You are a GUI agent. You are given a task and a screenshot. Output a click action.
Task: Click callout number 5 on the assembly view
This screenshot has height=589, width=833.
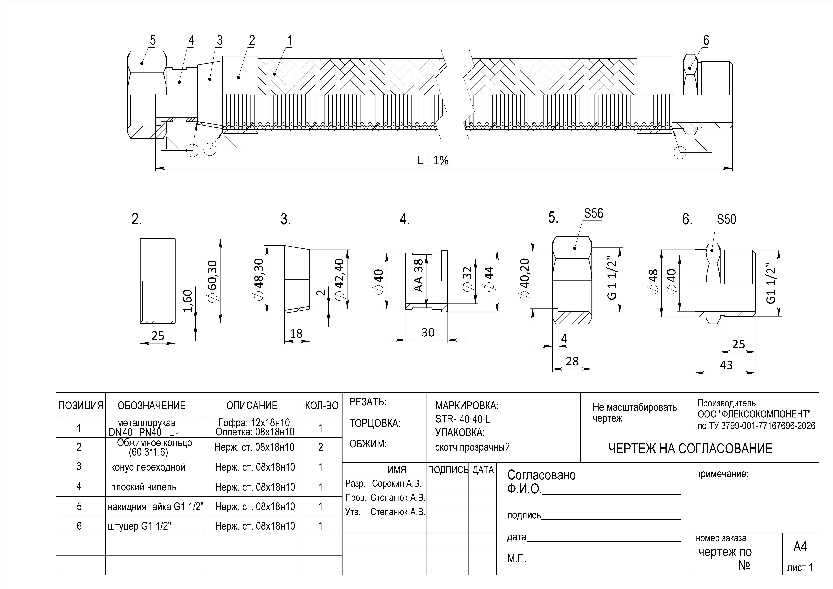pyautogui.click(x=153, y=40)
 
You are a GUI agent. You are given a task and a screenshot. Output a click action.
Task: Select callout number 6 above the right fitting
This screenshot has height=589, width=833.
pyautogui.click(x=706, y=40)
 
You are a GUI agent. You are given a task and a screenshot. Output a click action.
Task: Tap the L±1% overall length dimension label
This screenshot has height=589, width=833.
pyautogui.click(x=433, y=160)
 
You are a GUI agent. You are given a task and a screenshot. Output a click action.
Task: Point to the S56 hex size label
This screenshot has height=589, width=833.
pyautogui.click(x=594, y=213)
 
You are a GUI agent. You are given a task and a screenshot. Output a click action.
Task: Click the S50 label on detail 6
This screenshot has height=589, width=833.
pyautogui.click(x=726, y=220)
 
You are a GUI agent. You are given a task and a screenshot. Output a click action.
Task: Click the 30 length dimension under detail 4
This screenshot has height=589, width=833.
pyautogui.click(x=428, y=332)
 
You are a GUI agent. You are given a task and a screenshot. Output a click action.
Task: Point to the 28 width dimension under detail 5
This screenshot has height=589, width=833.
pyautogui.click(x=572, y=361)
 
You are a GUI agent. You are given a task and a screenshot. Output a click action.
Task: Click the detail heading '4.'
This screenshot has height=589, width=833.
pyautogui.click(x=405, y=220)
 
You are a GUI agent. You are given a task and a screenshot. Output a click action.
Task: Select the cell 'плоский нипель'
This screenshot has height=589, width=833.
pyautogui.click(x=144, y=487)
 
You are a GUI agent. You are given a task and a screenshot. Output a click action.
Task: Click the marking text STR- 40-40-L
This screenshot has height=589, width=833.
pyautogui.click(x=463, y=419)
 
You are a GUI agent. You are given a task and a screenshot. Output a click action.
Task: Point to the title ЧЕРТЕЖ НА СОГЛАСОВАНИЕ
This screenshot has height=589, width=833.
pyautogui.click(x=690, y=449)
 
